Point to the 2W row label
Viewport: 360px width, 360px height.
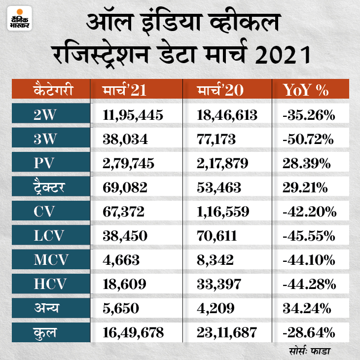click(x=45, y=115)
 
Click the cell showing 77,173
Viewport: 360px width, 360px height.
click(x=217, y=140)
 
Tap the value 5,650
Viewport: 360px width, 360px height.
click(x=119, y=309)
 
